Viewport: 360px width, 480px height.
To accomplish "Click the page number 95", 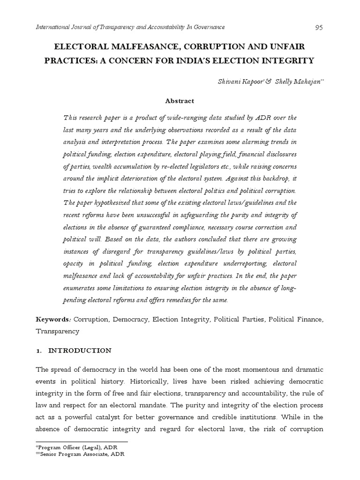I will [x=319, y=27].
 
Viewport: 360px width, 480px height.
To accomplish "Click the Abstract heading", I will [x=180, y=101].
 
